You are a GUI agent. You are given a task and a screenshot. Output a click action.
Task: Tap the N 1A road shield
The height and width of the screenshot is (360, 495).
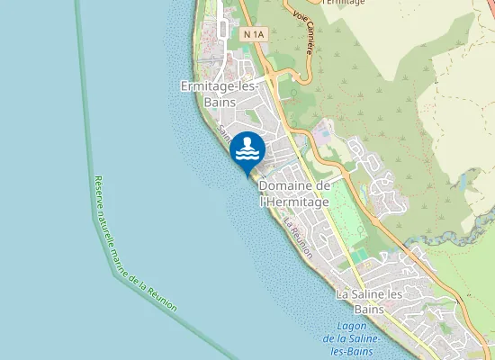coord(255,34)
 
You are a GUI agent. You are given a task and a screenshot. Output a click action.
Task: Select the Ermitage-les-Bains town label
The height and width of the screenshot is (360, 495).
coord(220,94)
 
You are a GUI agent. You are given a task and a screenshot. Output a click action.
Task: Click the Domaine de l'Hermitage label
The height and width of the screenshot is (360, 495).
coord(293,193)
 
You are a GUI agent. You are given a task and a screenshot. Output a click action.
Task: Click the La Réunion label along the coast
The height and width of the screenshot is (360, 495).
coord(298,238)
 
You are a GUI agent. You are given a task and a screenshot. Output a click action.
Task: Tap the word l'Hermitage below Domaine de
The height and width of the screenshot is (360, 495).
coord(294,202)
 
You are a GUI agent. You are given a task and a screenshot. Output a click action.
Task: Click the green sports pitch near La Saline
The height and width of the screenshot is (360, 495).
coord(359,256)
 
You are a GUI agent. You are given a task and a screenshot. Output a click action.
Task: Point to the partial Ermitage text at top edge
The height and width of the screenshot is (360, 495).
coord(343,3)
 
